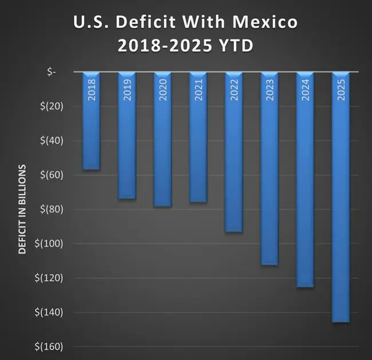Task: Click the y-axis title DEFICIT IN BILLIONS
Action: coord(22,209)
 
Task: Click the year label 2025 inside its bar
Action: coord(341,90)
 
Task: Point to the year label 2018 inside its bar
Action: coord(91,90)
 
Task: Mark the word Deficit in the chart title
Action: coord(143,23)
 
